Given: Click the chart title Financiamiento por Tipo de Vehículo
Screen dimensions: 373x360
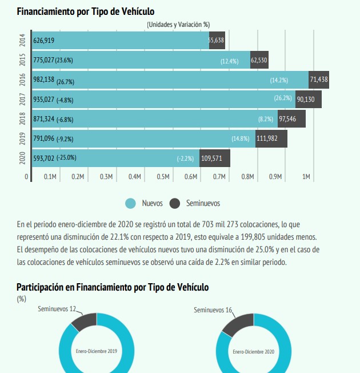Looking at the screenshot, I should [86, 11].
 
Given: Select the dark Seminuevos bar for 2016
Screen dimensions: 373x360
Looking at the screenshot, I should [319, 80].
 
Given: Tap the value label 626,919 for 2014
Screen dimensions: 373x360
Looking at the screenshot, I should [45, 41].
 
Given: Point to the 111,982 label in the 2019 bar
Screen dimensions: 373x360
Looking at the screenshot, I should [271, 138].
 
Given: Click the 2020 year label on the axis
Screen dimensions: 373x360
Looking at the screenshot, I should [22, 157].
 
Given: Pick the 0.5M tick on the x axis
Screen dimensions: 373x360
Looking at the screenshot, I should [163, 177].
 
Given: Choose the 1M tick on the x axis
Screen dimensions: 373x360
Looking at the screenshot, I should [306, 177].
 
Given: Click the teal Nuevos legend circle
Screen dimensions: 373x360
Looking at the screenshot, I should [130, 203].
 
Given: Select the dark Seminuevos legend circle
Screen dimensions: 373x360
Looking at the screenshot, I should [175, 203].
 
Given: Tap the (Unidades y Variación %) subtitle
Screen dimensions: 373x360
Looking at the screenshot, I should [178, 25].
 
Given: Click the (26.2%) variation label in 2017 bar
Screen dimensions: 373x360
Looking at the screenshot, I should [283, 99].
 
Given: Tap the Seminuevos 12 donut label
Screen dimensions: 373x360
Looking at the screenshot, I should [57, 309].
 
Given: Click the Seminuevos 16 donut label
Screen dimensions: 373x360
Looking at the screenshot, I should [213, 310].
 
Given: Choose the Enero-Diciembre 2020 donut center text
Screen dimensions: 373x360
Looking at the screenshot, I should [253, 351].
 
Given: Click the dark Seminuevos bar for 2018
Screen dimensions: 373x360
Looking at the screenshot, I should [291, 119].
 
